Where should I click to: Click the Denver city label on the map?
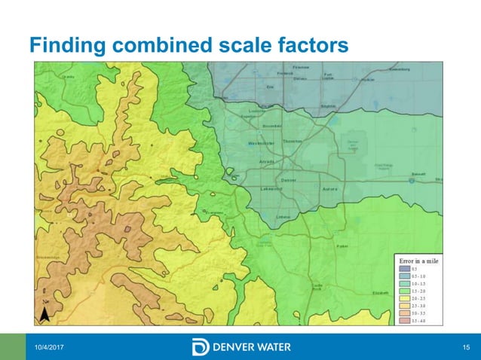tap(288, 180)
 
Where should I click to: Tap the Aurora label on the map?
tap(330, 188)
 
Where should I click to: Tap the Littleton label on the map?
tap(283, 217)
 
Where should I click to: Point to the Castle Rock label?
tap(317, 286)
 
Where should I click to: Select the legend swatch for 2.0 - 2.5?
tap(404, 298)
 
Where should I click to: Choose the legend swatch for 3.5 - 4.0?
tap(404, 320)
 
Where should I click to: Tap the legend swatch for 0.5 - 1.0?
tap(404, 276)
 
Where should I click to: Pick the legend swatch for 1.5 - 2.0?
tap(404, 291)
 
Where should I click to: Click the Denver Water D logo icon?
tap(201, 347)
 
